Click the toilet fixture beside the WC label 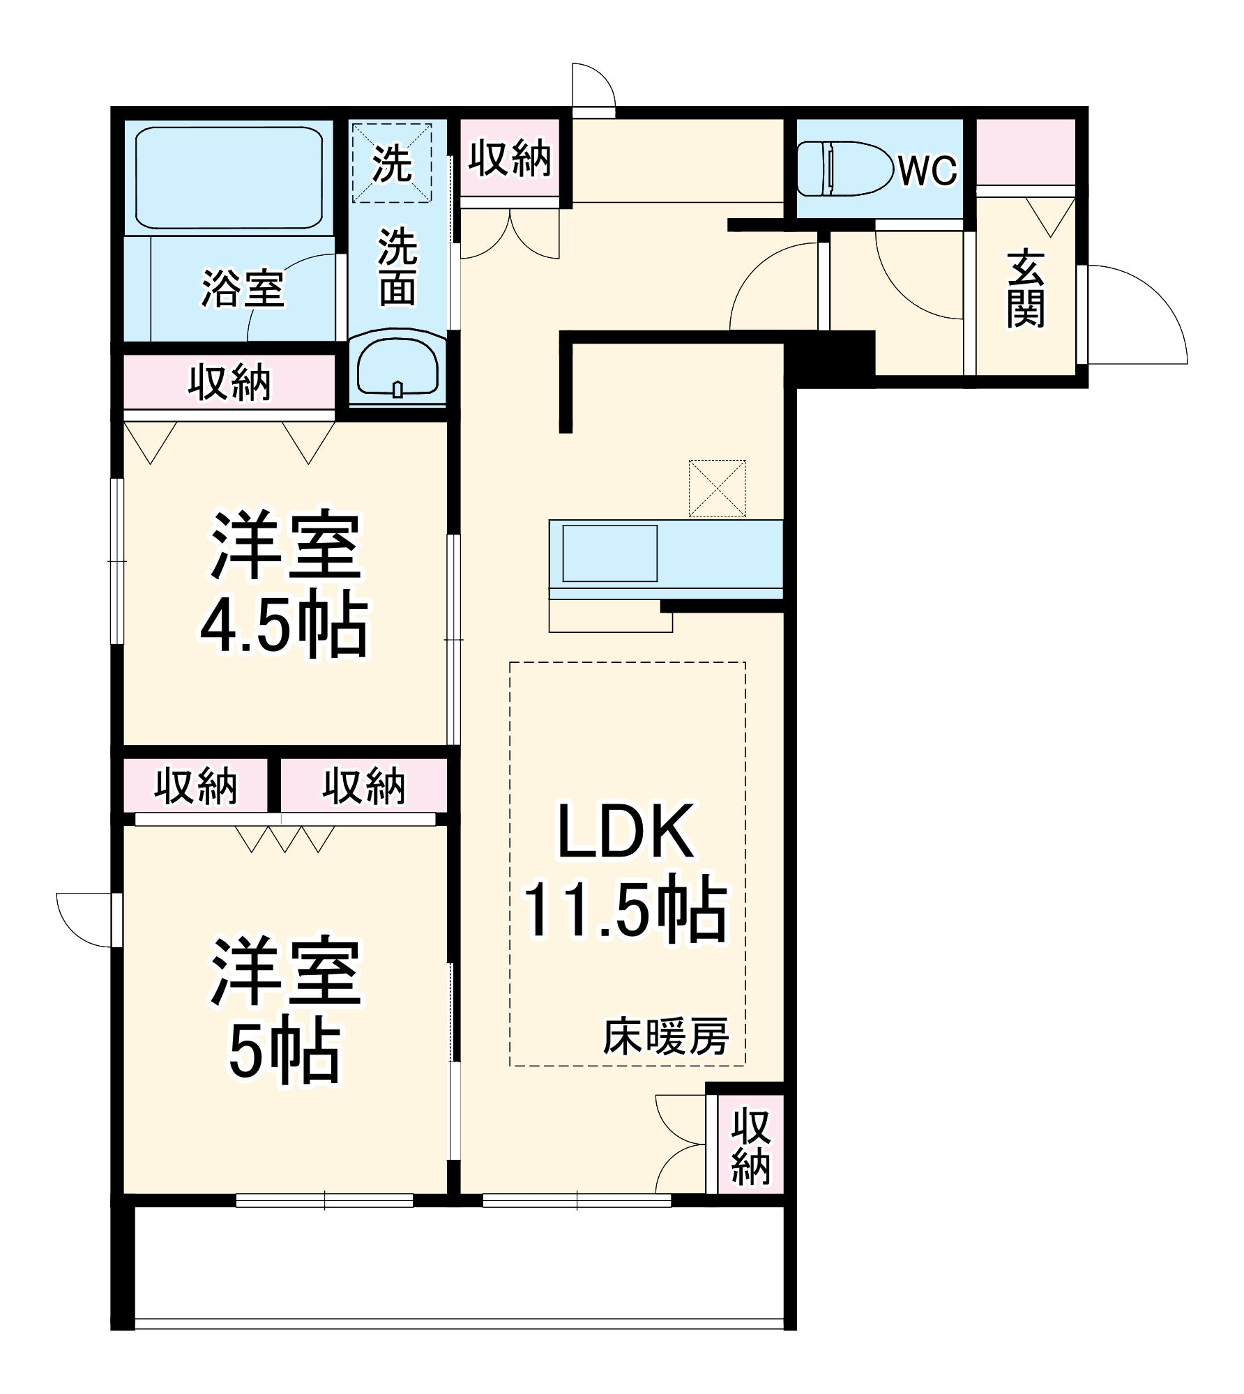(x=844, y=168)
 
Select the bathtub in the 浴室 (x=229, y=177)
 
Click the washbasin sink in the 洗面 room (x=397, y=366)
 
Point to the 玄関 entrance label (x=1025, y=289)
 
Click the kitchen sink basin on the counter (x=609, y=553)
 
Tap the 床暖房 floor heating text (x=666, y=1036)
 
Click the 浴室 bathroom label (x=243, y=287)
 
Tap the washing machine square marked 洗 (x=391, y=163)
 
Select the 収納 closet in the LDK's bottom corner (x=750, y=1147)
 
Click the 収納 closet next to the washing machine (x=510, y=158)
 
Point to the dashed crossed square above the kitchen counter (x=717, y=488)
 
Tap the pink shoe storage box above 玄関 (x=1024, y=151)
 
